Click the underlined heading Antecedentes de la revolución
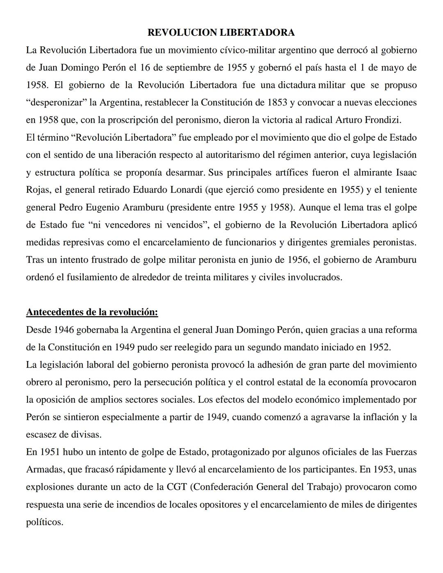[92, 312]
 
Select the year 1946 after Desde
[64, 330]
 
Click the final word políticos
[45, 522]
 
